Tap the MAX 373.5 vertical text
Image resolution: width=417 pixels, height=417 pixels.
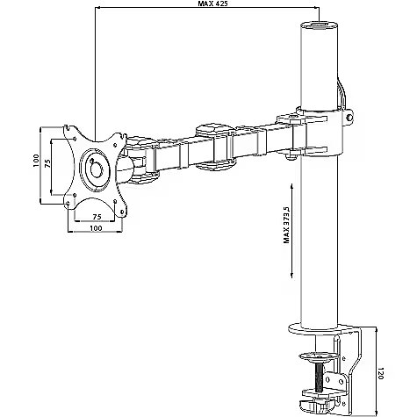tap(286, 225)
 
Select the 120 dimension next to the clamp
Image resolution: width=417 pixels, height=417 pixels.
tap(380, 373)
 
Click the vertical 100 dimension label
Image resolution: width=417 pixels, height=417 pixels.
tap(36, 161)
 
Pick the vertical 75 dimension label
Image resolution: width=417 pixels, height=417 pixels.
tap(47, 163)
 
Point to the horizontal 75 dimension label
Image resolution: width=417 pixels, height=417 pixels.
tap(97, 217)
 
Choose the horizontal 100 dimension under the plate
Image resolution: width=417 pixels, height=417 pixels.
tap(96, 228)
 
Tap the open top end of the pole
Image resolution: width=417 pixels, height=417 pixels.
tap(320, 25)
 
